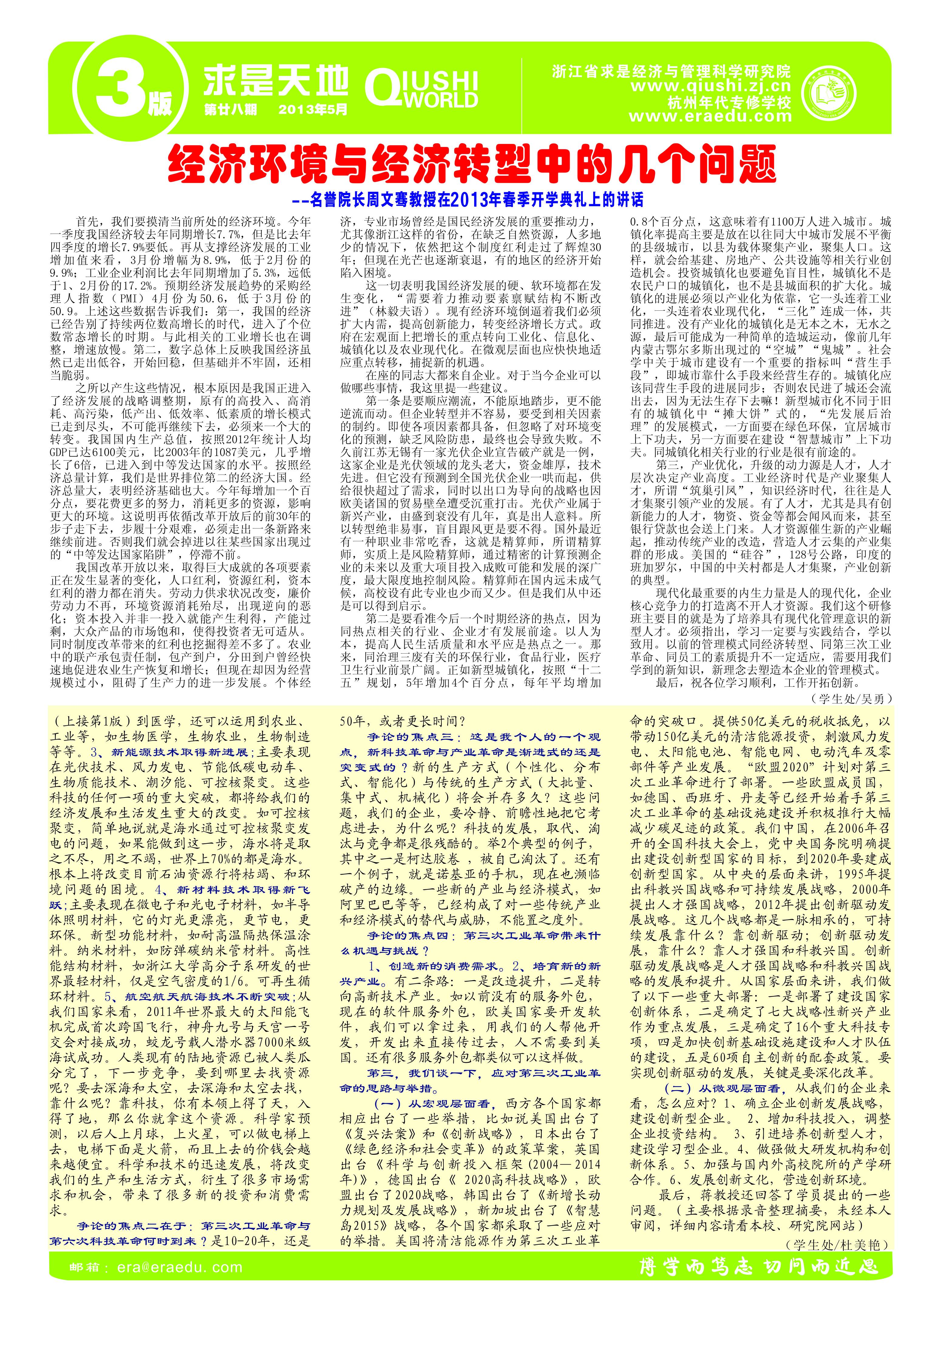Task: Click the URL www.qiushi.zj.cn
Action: click(x=711, y=87)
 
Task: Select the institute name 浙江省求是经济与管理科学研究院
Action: click(x=672, y=72)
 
